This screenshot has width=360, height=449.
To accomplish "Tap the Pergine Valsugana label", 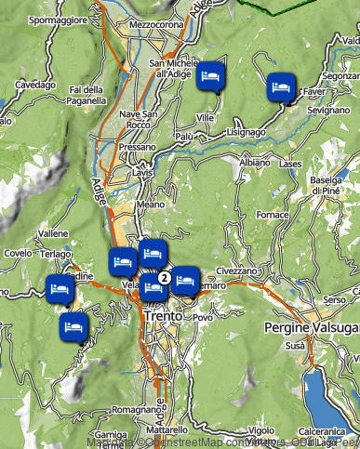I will [x=312, y=329].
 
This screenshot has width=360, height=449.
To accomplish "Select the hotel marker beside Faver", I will [x=280, y=86].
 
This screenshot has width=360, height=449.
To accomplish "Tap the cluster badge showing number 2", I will [x=163, y=277].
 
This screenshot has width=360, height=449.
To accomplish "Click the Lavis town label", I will [x=141, y=173].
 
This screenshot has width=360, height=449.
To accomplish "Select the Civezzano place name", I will [x=236, y=271].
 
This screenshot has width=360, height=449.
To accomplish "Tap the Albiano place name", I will [x=255, y=163].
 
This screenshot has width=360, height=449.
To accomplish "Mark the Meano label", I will [x=151, y=203].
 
